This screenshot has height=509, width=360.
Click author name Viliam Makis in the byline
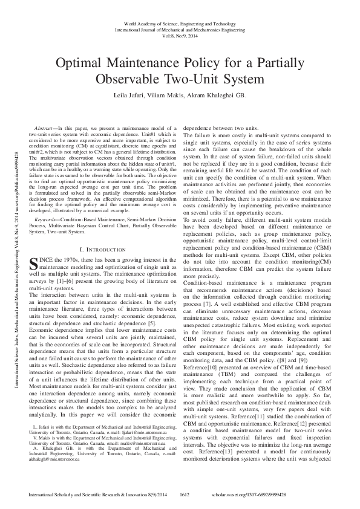171,95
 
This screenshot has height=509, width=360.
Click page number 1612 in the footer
186,494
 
